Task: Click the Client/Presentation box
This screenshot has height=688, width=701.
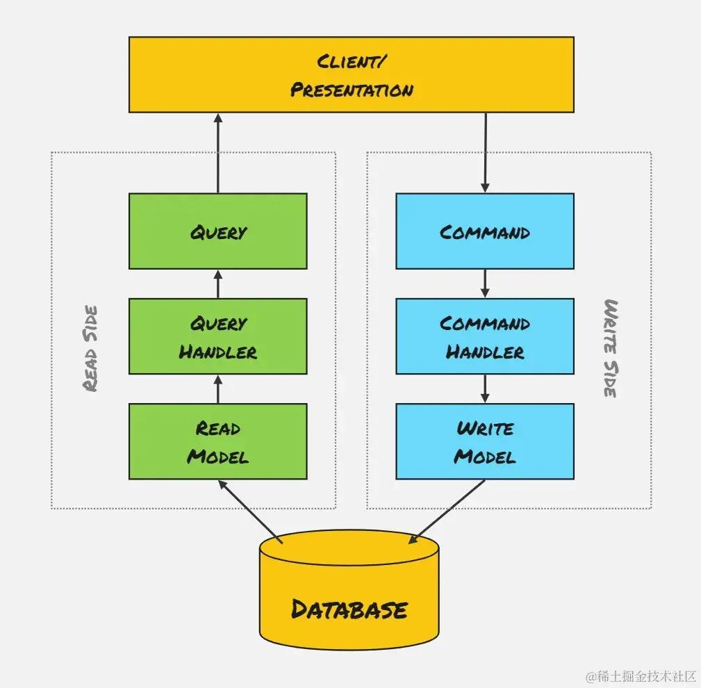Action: pyautogui.click(x=351, y=74)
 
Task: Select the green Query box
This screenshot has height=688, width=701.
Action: pyautogui.click(x=217, y=231)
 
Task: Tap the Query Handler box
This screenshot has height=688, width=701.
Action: pyautogui.click(x=217, y=337)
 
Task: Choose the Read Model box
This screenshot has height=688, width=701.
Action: pyautogui.click(x=217, y=442)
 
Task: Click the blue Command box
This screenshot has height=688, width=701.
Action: pyautogui.click(x=484, y=231)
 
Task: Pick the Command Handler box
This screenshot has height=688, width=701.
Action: pyautogui.click(x=484, y=337)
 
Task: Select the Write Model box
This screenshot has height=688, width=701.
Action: pyautogui.click(x=484, y=442)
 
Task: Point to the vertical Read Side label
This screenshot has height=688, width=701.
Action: pyautogui.click(x=90, y=347)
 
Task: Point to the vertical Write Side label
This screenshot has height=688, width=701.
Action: pyautogui.click(x=610, y=347)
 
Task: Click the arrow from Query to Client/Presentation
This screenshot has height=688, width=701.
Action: pyautogui.click(x=218, y=153)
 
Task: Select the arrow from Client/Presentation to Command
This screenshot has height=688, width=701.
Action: pyautogui.click(x=485, y=153)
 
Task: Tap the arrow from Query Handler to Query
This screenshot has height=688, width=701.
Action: pyautogui.click(x=218, y=284)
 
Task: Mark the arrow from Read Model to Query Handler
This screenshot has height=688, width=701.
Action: pyautogui.click(x=218, y=389)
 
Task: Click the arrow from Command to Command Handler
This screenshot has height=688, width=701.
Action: pyautogui.click(x=485, y=284)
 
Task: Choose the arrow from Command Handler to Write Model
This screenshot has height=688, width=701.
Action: pyautogui.click(x=485, y=389)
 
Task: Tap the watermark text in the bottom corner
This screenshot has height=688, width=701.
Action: pyautogui.click(x=640, y=675)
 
